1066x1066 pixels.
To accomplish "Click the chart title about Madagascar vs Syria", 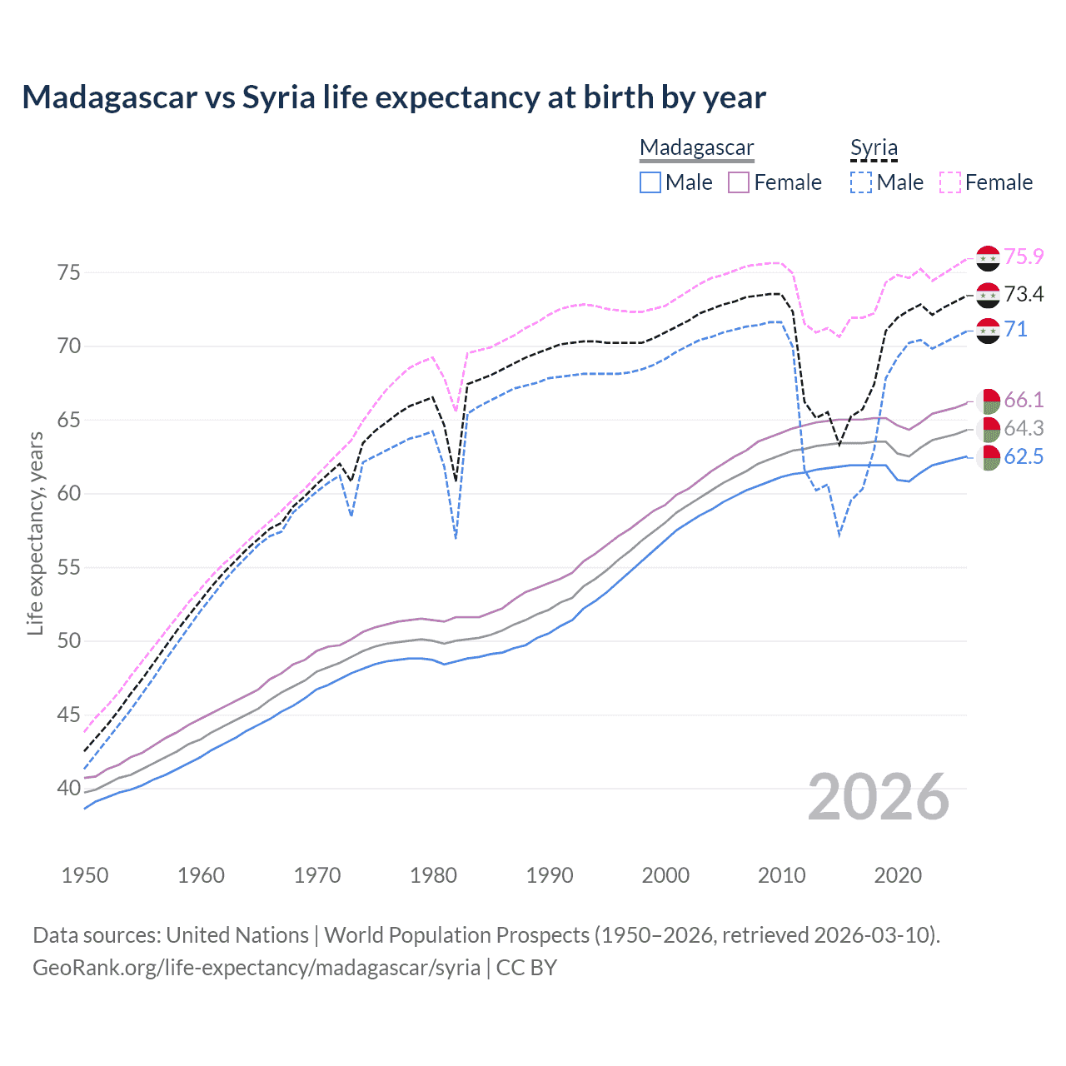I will [x=393, y=97].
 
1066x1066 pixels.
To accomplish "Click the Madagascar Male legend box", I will [x=650, y=182].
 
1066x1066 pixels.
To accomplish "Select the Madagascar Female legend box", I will [x=739, y=182].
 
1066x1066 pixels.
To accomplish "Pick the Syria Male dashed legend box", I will [x=861, y=182].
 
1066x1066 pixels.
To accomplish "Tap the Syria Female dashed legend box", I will [x=950, y=182].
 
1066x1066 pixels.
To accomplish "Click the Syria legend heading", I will [x=874, y=148].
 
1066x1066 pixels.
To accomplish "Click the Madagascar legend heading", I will [x=696, y=148].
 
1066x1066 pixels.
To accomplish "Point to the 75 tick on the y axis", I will [x=69, y=272].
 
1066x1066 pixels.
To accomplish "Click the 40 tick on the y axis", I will [x=69, y=788].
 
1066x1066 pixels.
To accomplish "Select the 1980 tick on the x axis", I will [x=434, y=875].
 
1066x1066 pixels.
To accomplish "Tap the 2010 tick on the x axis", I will [x=782, y=875].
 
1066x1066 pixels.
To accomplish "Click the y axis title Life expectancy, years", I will [x=36, y=533].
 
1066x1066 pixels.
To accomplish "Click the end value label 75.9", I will [x=1024, y=257].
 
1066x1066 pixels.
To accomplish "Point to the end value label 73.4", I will [x=1024, y=294].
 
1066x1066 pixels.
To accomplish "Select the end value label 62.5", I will [x=1024, y=456].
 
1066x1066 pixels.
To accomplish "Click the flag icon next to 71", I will [x=988, y=330].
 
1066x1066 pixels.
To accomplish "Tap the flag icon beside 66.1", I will [x=988, y=401].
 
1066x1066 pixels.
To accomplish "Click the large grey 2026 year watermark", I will [x=878, y=797].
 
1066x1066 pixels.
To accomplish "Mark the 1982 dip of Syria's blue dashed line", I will [x=456, y=537].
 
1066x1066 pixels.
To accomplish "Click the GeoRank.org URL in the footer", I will [x=257, y=968].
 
